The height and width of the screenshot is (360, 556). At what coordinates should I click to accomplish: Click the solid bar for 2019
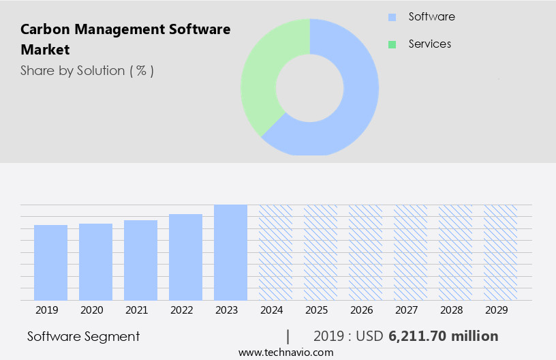[50, 262]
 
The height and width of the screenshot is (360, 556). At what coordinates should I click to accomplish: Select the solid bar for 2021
[140, 260]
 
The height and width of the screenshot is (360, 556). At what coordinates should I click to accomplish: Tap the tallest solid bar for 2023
[230, 252]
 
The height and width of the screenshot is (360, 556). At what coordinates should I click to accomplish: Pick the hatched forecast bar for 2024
[275, 252]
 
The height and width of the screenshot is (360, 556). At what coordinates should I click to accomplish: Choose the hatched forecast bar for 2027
[410, 252]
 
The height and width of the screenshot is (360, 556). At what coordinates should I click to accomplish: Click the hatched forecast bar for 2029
[500, 252]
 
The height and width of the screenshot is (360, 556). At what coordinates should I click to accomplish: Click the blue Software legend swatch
[392, 17]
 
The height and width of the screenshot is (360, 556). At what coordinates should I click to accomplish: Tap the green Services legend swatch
[392, 44]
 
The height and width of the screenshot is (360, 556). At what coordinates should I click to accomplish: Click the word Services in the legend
[429, 44]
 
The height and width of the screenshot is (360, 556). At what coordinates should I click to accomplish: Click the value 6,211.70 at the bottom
[418, 336]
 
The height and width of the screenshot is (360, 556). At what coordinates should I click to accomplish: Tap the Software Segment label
[83, 336]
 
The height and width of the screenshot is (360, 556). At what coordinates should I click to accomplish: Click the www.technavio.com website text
[286, 352]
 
